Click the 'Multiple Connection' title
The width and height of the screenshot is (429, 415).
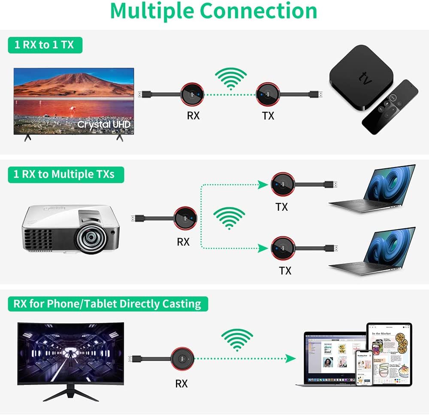pyautogui.click(x=214, y=12)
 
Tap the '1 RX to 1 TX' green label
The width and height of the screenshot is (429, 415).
pyautogui.click(x=44, y=45)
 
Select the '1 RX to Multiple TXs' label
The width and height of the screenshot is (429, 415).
pyautogui.click(x=66, y=174)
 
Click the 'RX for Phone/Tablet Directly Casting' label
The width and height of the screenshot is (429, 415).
pyautogui.click(x=107, y=304)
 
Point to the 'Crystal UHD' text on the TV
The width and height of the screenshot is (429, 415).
pyautogui.click(x=103, y=125)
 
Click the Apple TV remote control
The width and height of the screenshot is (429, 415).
pyautogui.click(x=390, y=107)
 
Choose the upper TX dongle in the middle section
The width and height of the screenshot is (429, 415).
pyautogui.click(x=282, y=185)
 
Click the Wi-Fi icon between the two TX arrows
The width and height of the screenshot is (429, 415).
pyautogui.click(x=230, y=218)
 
